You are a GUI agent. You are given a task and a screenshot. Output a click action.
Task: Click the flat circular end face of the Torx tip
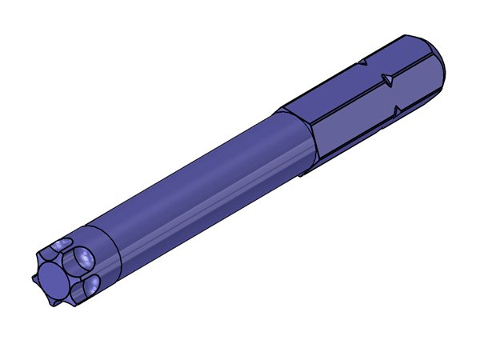point(53,279)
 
